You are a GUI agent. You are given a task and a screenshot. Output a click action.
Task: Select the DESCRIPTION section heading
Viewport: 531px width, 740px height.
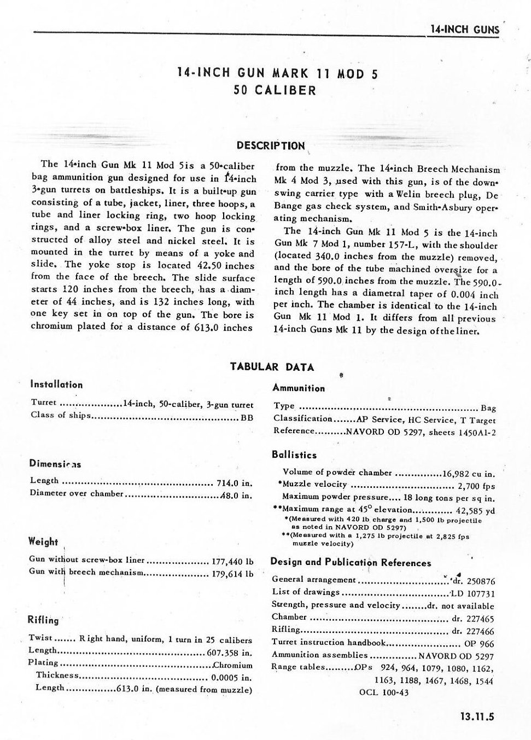tap(271, 145)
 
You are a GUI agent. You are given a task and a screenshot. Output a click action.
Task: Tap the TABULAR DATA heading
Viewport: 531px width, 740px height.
tap(272, 366)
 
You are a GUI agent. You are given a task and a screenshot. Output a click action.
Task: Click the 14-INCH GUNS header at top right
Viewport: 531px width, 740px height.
tap(464, 30)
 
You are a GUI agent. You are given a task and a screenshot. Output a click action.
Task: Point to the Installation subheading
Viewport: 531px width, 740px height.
tap(56, 384)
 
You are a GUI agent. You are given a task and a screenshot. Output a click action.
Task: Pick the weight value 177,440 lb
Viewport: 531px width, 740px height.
tap(232, 561)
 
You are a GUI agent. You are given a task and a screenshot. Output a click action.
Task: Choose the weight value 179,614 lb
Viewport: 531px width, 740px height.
tap(232, 574)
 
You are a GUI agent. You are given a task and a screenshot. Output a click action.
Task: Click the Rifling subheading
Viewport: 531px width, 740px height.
tap(43, 620)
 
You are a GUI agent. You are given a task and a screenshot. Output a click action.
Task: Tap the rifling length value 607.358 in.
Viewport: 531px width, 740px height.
tap(230, 652)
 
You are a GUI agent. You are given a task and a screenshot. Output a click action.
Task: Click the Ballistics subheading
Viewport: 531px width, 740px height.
tap(294, 455)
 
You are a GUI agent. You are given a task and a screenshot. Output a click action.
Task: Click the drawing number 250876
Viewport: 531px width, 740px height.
tap(480, 581)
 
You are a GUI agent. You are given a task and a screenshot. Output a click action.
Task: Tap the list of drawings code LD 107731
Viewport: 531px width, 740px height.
tap(472, 593)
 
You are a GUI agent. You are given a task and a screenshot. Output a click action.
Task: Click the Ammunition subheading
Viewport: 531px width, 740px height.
tap(298, 388)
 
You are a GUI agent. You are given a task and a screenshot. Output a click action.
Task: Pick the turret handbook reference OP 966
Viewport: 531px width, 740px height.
tap(479, 643)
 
